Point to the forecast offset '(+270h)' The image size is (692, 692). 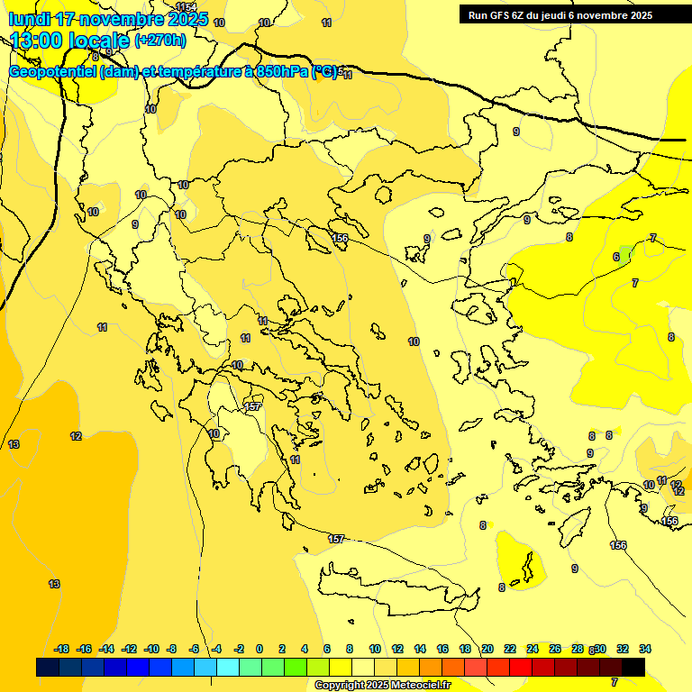159,40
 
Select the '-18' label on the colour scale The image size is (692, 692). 62,649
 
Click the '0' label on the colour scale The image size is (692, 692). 259,649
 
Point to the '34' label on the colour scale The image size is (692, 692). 645,649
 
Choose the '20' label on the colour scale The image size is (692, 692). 487,649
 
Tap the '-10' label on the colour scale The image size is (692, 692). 151,649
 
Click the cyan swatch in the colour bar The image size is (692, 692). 227,667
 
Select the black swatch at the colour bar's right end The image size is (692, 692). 633,667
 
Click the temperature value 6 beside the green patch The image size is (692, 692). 616,257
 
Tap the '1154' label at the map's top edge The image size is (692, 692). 187,7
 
